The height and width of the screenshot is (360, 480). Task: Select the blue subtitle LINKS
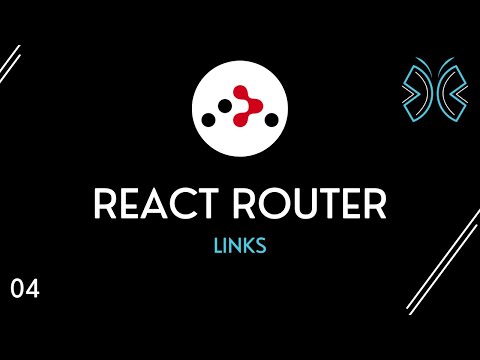coord(239,246)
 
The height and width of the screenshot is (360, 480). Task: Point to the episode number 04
coord(25,290)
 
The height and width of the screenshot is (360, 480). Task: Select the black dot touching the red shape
coord(226,106)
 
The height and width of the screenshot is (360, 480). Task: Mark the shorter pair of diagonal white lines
coord(10,66)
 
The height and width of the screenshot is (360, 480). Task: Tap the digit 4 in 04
coord(33,290)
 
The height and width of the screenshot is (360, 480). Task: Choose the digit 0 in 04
coord(18,290)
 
